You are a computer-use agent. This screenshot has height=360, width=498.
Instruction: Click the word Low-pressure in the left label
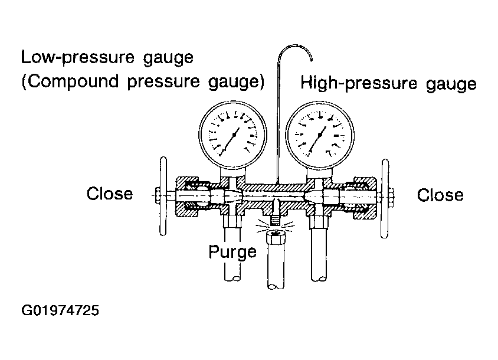(78, 58)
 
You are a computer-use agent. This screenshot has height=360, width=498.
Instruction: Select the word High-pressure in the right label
(359, 83)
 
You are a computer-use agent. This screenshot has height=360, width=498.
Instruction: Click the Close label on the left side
(110, 194)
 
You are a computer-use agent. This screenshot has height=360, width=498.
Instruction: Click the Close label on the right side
(440, 195)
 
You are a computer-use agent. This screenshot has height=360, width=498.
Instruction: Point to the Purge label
(232, 251)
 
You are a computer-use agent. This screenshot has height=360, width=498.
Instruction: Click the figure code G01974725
(60, 310)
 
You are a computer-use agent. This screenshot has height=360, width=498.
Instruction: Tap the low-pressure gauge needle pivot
(234, 135)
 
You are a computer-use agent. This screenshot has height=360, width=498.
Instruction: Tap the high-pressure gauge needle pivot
(320, 135)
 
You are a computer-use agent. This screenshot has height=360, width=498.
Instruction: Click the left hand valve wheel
(163, 196)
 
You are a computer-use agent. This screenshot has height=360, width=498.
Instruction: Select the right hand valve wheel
(385, 198)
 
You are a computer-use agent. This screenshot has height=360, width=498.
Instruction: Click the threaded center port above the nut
(275, 219)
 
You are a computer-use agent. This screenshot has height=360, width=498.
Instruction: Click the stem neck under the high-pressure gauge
(319, 174)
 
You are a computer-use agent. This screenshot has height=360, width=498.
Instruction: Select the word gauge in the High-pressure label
(451, 84)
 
